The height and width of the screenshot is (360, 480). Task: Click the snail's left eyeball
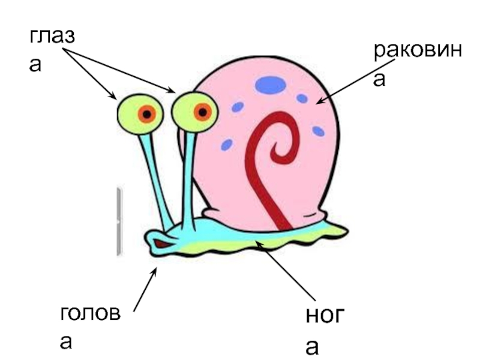coord(139,113)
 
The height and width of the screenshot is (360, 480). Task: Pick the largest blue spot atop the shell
coord(271,85)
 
